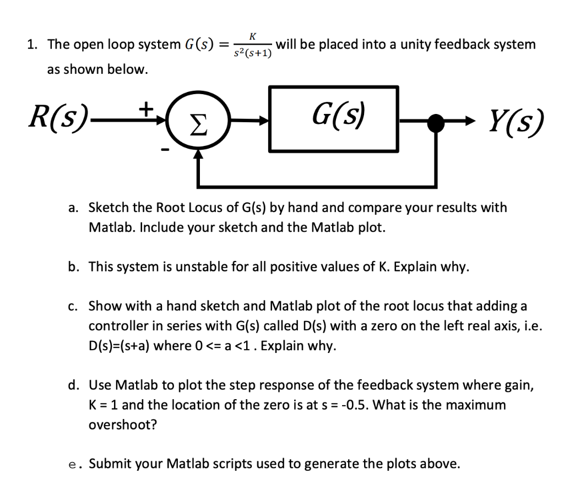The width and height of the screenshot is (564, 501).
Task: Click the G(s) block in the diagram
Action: [x=334, y=119]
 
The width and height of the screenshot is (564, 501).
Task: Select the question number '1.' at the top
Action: [x=33, y=45]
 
